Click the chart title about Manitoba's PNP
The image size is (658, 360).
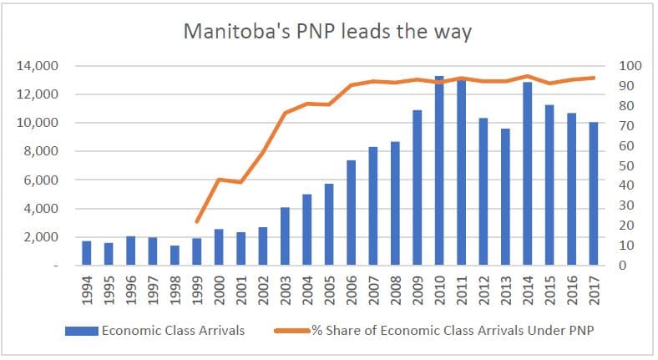[328, 33]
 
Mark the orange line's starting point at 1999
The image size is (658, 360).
[196, 222]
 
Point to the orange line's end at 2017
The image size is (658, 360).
[594, 78]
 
